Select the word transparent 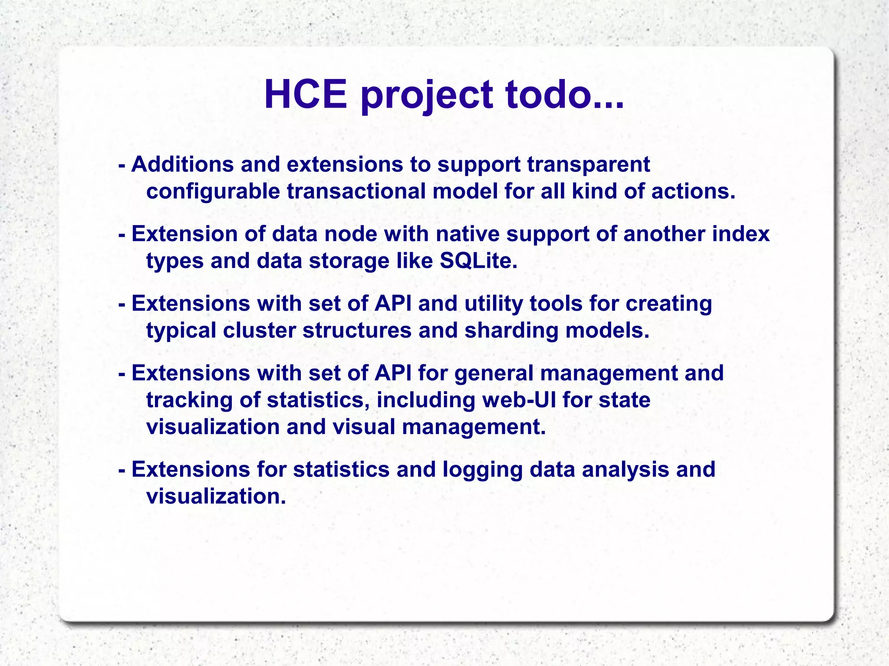(588, 164)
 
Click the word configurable (213, 191)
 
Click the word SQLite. (478, 261)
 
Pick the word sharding (511, 331)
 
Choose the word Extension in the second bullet (184, 234)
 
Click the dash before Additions (122, 165)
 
